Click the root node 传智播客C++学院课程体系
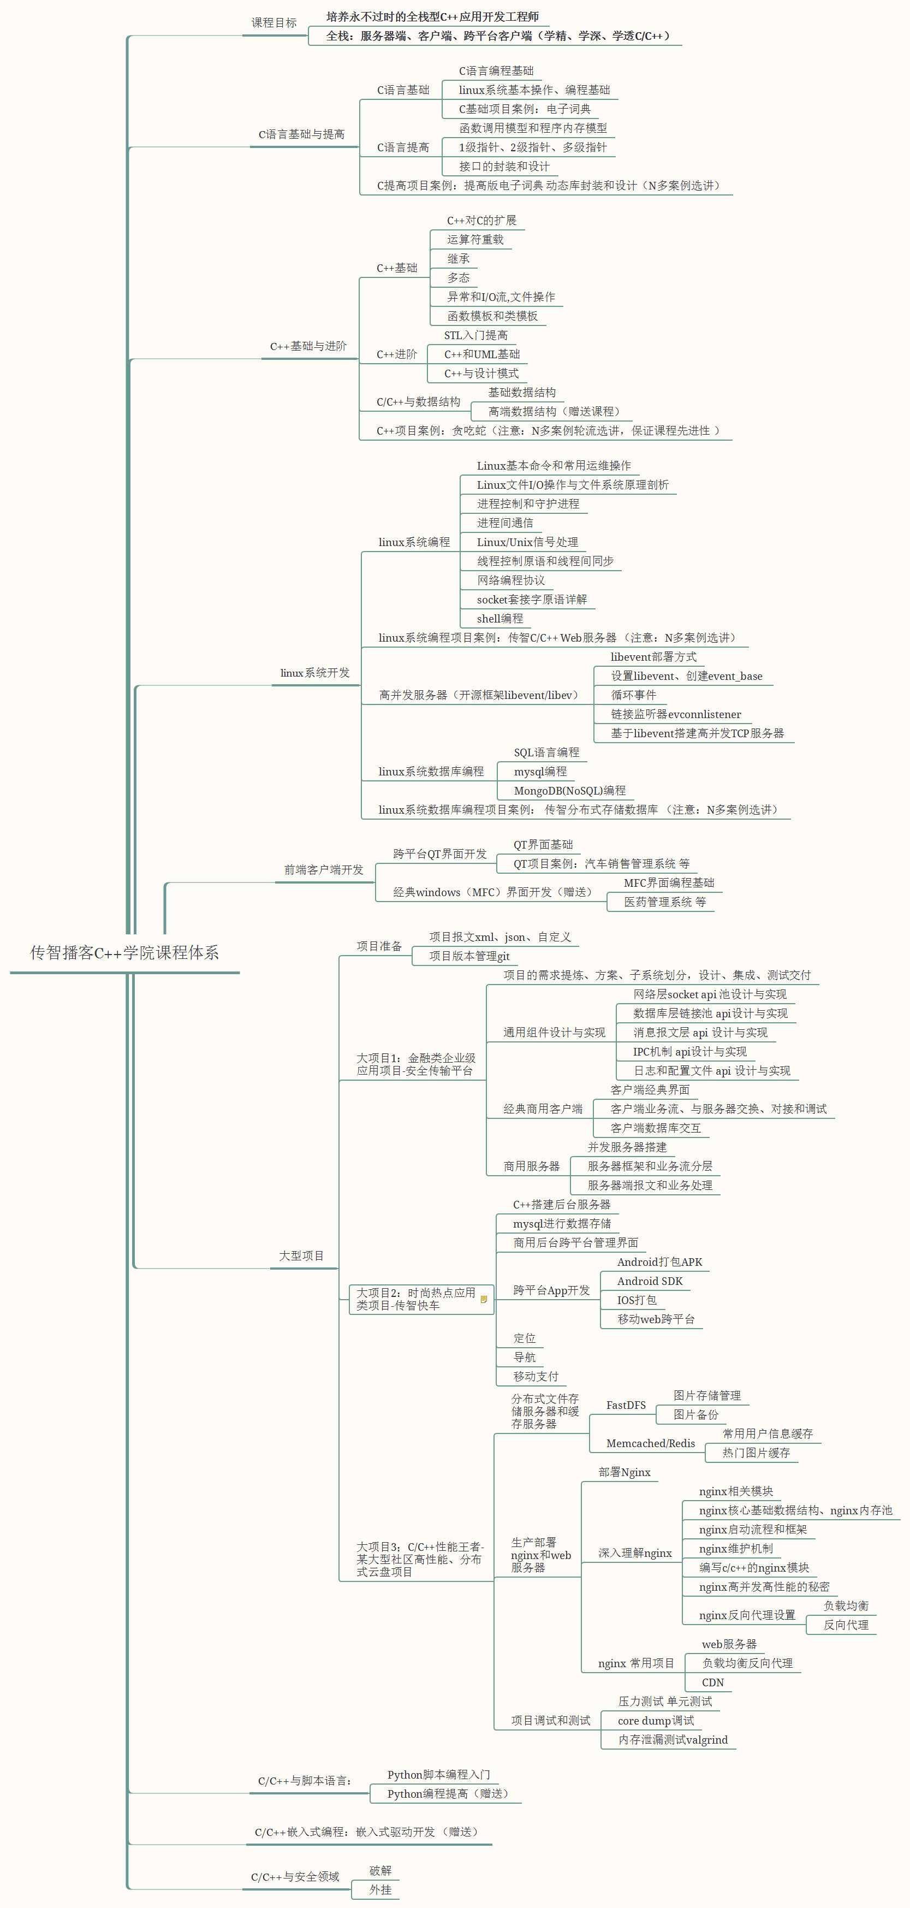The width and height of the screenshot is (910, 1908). pyautogui.click(x=124, y=952)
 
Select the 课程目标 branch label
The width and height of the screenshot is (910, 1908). pyautogui.click(x=274, y=23)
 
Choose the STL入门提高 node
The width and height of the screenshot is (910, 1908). pyautogui.click(x=475, y=335)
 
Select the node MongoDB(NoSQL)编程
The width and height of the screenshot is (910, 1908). pyautogui.click(x=569, y=790)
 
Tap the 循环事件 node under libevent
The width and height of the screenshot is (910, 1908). pyautogui.click(x=633, y=695)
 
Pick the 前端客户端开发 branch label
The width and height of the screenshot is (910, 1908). pyautogui.click(x=324, y=869)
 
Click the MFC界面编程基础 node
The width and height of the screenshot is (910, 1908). pyautogui.click(x=669, y=883)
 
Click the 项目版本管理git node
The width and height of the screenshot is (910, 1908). pyautogui.click(x=469, y=956)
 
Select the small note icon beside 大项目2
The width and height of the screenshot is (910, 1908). pyautogui.click(x=484, y=1299)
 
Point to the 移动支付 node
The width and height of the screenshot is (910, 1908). pyautogui.click(x=536, y=1376)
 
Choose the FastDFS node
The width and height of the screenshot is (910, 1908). pyautogui.click(x=626, y=1405)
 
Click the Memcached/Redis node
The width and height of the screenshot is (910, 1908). pyautogui.click(x=650, y=1444)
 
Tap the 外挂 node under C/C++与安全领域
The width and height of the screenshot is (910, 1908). pyautogui.click(x=380, y=1889)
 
